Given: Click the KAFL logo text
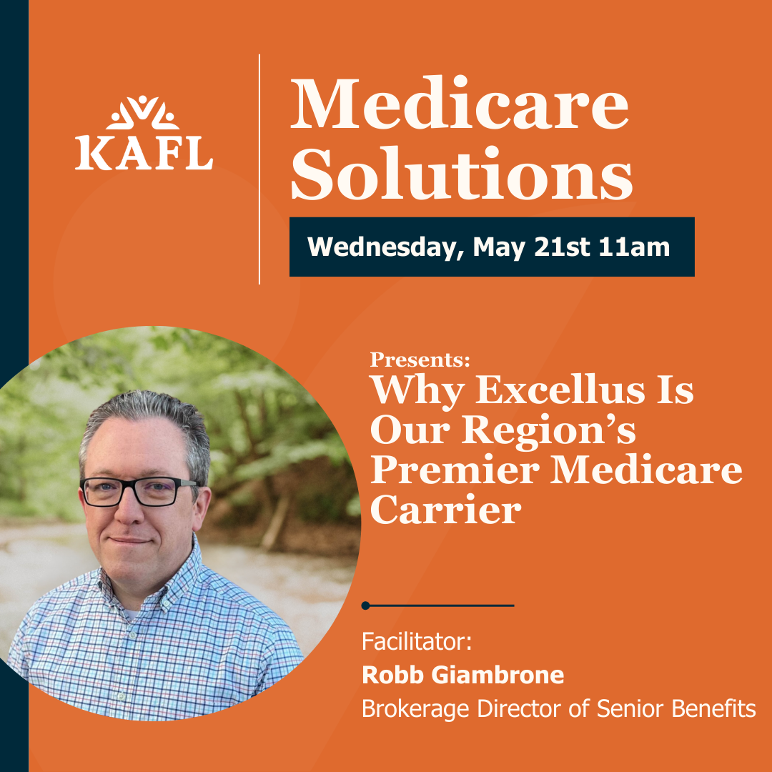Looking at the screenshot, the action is click(x=144, y=154).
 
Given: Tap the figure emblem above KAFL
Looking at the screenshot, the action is click(x=143, y=112).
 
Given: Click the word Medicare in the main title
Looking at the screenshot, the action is click(x=460, y=104).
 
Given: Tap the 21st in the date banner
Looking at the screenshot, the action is click(x=561, y=247).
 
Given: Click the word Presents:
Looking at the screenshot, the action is click(x=420, y=360).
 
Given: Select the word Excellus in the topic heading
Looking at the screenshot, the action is click(x=559, y=390).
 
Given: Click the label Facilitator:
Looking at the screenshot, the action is click(x=417, y=641).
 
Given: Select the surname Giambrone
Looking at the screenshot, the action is click(x=498, y=675).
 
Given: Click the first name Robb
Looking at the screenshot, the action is click(x=393, y=675).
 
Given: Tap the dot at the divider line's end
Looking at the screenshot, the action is click(x=365, y=605).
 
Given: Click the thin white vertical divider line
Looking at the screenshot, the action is click(x=259, y=169).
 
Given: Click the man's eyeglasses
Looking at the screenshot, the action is click(x=140, y=491).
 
